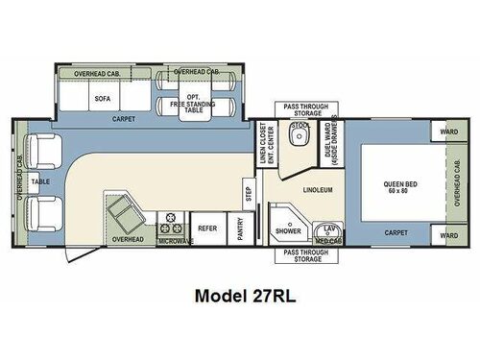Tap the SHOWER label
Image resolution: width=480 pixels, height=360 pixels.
click(x=286, y=230)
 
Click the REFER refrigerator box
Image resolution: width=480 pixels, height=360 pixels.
click(x=205, y=230)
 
